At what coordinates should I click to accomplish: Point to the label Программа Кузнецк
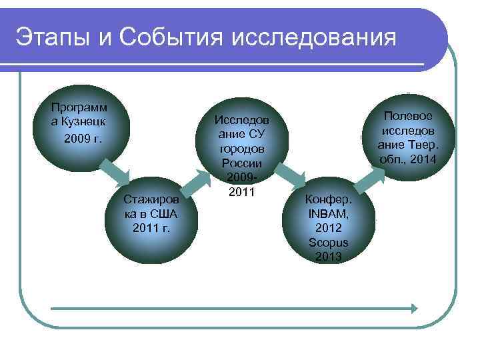tap(79, 115)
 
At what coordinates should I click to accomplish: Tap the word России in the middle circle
tap(241, 163)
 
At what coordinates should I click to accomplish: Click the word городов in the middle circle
tap(241, 149)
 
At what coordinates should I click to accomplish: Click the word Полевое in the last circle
tap(407, 115)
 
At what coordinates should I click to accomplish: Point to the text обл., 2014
tap(407, 159)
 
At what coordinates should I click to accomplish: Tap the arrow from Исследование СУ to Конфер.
tap(288, 175)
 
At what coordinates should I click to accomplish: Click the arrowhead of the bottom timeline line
tap(413, 309)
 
